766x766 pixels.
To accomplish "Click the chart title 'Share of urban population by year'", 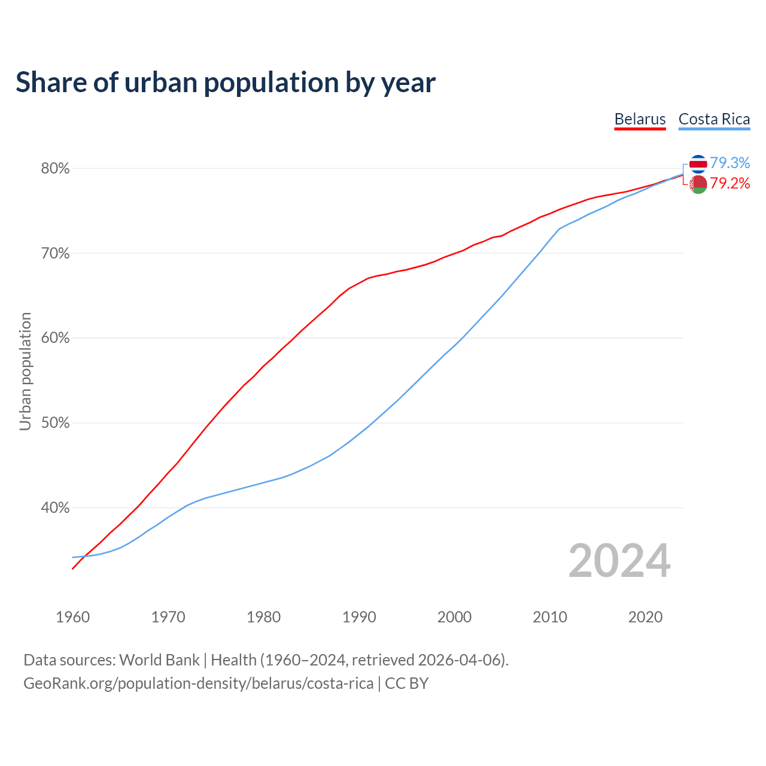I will click(226, 83).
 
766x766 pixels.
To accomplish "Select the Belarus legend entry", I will click(640, 119).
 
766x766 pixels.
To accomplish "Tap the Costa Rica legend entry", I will click(714, 119).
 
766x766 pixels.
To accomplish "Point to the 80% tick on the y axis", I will click(55, 169).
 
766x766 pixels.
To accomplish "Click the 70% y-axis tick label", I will click(55, 254).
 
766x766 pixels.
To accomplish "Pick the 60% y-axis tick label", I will click(55, 338).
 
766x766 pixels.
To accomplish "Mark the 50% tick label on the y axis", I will click(55, 423).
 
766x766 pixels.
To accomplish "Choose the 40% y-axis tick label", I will click(55, 508).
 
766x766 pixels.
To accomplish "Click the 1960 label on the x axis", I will click(73, 617).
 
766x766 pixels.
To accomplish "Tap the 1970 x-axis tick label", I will click(168, 617).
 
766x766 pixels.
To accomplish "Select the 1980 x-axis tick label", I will click(264, 617).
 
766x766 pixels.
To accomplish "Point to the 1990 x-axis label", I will click(359, 617).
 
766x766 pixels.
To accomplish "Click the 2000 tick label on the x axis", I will click(455, 617).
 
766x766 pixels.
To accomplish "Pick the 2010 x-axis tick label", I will click(550, 617).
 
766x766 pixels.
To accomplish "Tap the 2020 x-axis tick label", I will click(645, 617).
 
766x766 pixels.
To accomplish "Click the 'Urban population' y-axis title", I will click(25, 371).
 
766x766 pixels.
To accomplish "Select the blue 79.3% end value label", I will click(730, 163).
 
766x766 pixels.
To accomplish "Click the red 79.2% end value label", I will click(730, 183).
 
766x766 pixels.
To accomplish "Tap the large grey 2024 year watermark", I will click(619, 561).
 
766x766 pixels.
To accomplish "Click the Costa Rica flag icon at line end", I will click(698, 163).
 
